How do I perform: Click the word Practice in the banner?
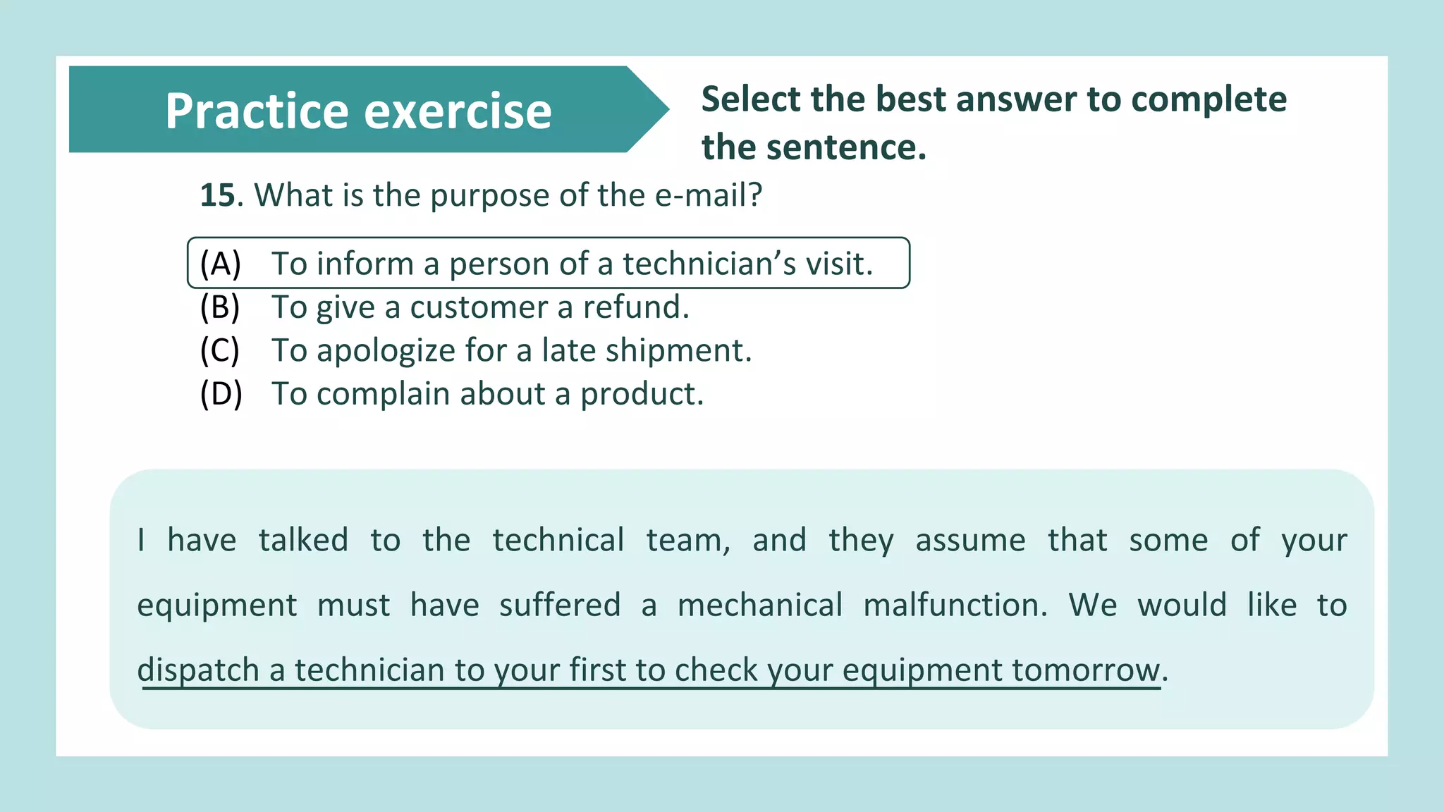pyautogui.click(x=257, y=111)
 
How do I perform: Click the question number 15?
pyautogui.click(x=217, y=195)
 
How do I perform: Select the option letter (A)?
pyautogui.click(x=221, y=264)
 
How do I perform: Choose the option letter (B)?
pyautogui.click(x=220, y=307)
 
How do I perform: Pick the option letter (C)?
pyautogui.click(x=220, y=350)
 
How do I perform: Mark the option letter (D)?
pyautogui.click(x=221, y=394)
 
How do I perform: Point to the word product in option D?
pyautogui.click(x=641, y=394)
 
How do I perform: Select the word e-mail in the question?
pyautogui.click(x=707, y=195)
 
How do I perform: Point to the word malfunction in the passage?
pyautogui.click(x=955, y=605)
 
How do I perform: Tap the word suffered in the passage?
pyautogui.click(x=560, y=605)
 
